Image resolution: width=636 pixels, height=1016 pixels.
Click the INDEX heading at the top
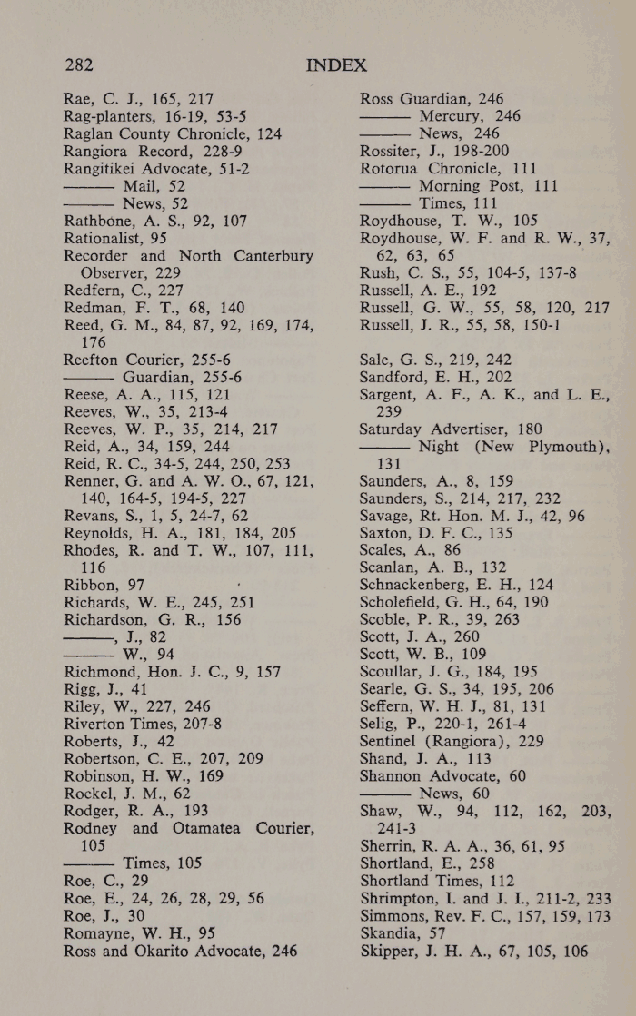336,65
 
